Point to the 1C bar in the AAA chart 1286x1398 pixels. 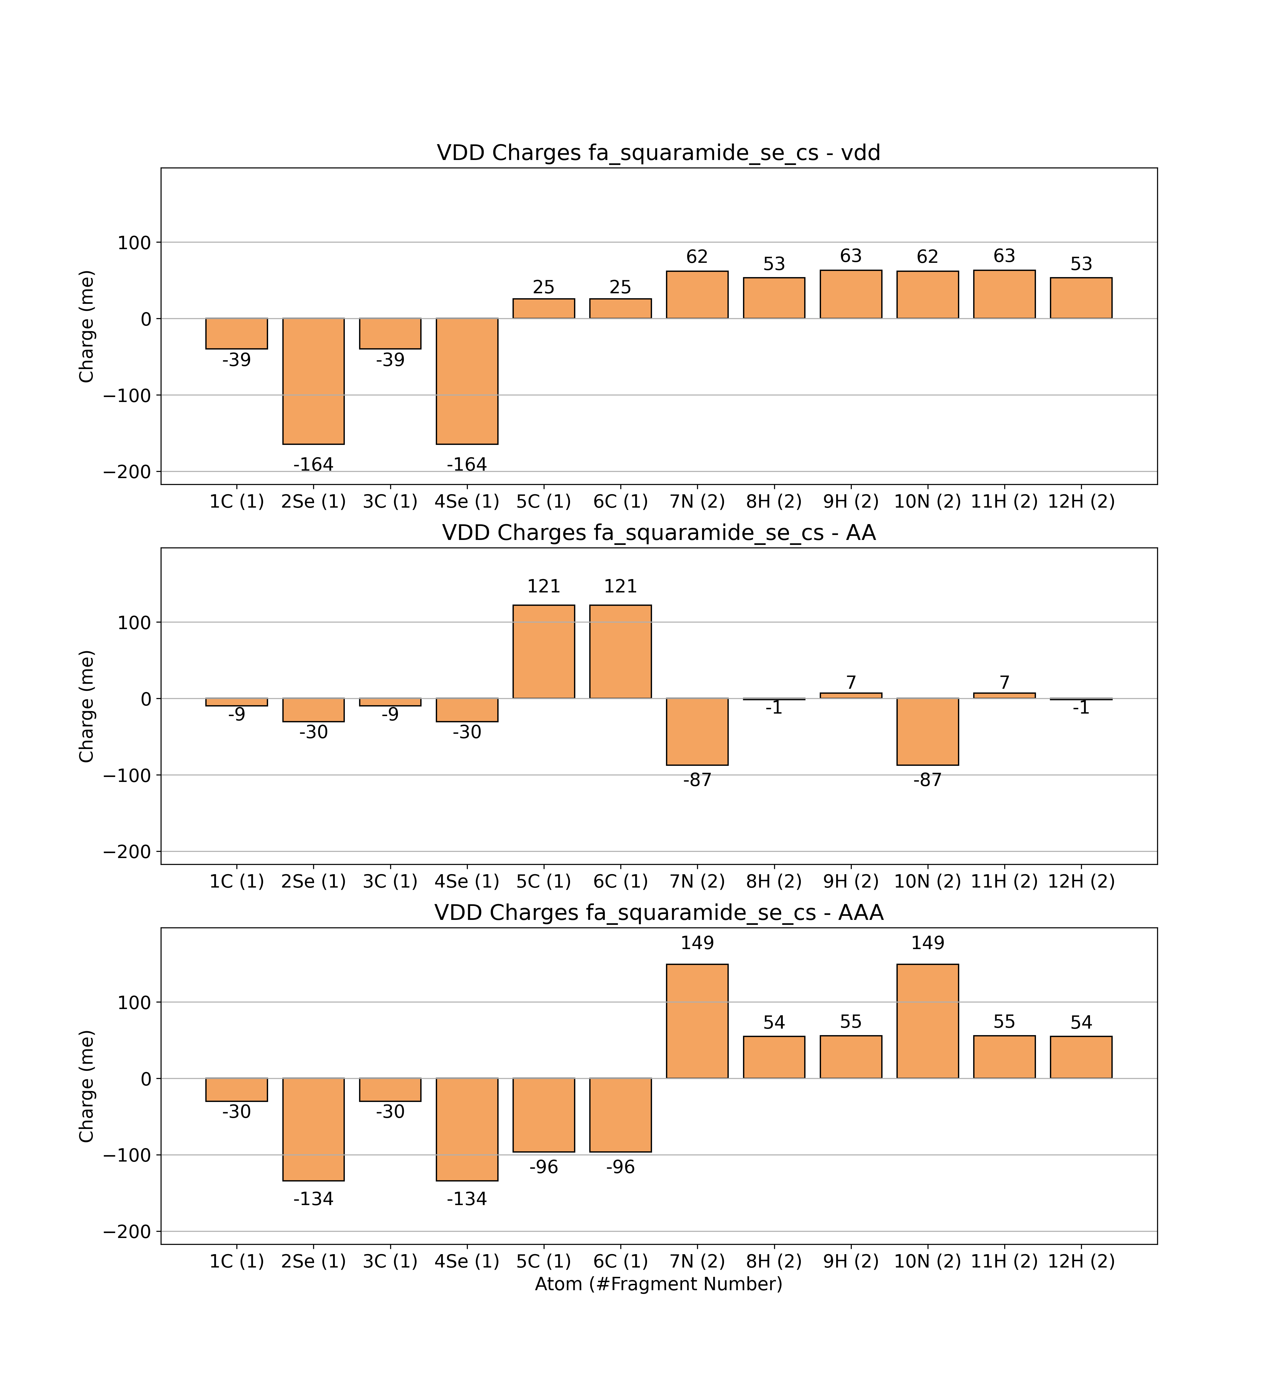click(237, 1090)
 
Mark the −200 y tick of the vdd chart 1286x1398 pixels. click(127, 472)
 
